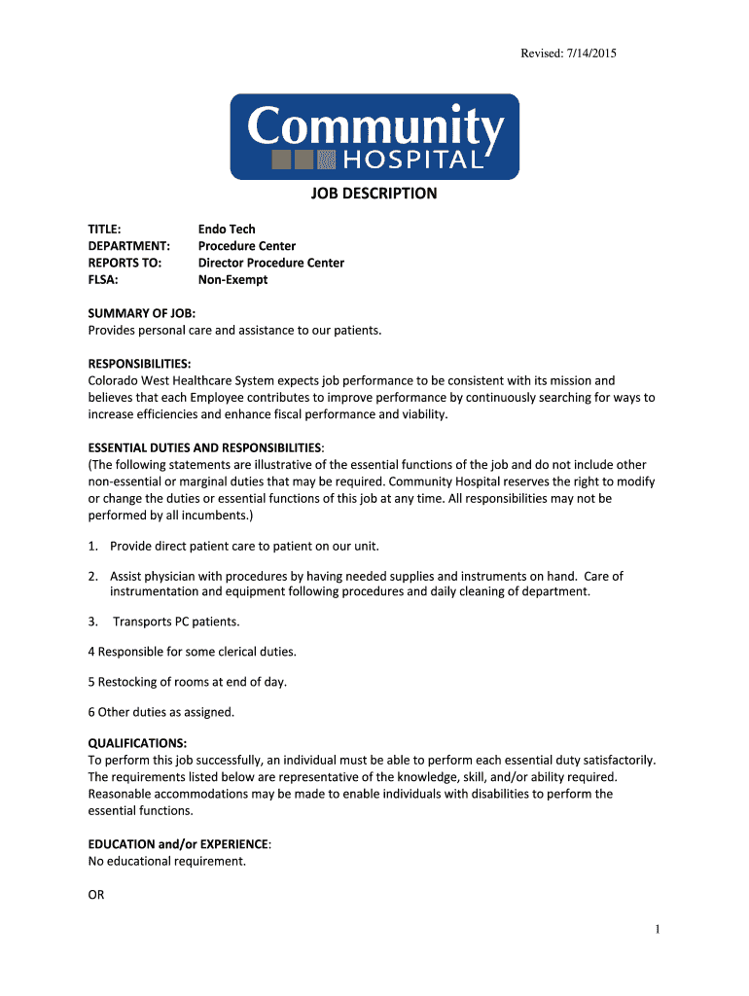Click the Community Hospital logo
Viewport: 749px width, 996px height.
click(374, 136)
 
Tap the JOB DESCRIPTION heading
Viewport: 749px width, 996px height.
click(374, 194)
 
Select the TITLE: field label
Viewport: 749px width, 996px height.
click(104, 230)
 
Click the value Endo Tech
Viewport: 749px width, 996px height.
click(227, 230)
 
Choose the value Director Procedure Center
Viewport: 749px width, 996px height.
click(270, 263)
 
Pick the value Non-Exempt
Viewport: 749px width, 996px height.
click(232, 279)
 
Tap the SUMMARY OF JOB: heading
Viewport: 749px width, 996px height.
click(142, 313)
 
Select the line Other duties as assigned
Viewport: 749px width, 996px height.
click(166, 712)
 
